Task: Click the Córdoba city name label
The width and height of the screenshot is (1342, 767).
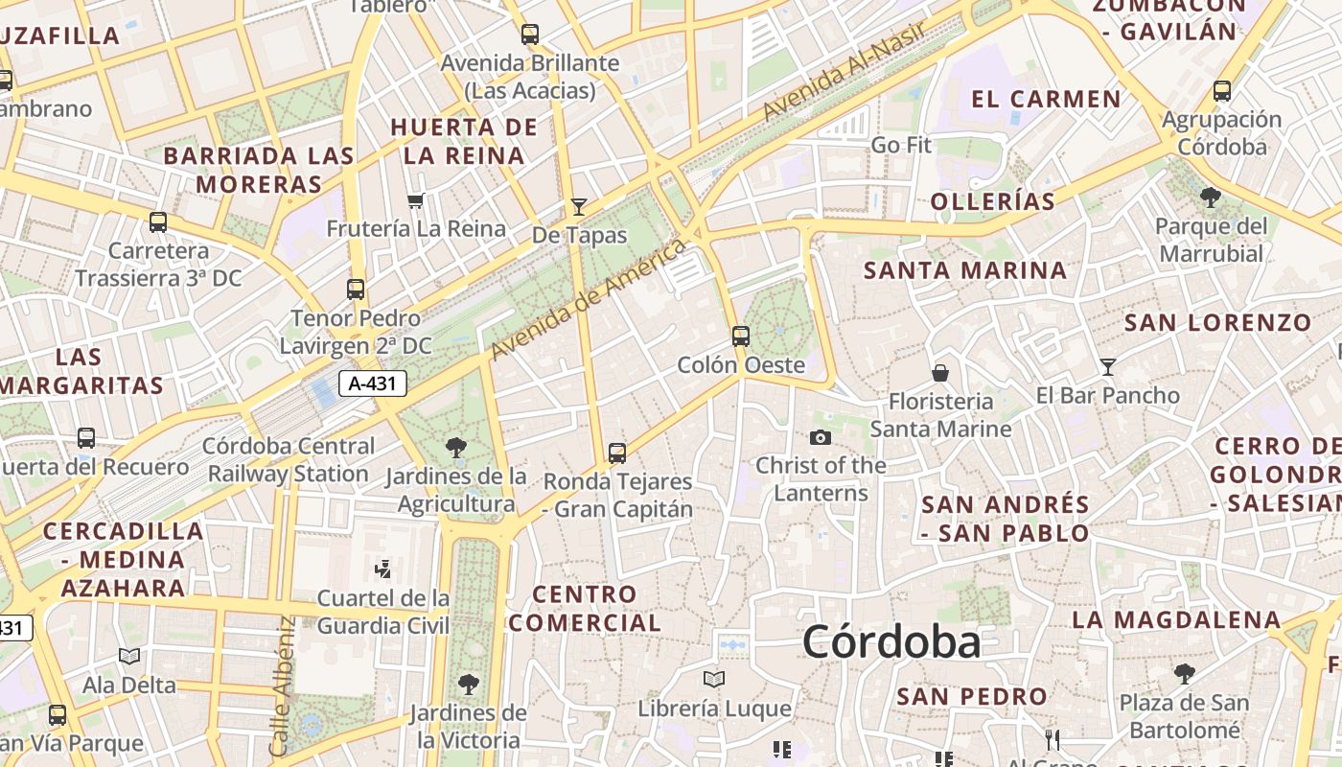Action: click(x=891, y=641)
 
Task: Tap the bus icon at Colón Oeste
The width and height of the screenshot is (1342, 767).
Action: click(x=740, y=336)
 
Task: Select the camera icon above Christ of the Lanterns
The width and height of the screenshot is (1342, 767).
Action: click(x=821, y=437)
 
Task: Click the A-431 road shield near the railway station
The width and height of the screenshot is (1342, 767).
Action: click(x=373, y=384)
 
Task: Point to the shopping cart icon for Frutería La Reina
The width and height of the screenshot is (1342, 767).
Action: click(x=416, y=200)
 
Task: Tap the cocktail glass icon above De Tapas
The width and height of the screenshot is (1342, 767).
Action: click(x=578, y=206)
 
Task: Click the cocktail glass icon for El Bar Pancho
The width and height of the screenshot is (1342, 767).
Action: click(x=1108, y=366)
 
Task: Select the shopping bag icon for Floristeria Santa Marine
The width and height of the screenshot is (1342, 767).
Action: click(x=940, y=372)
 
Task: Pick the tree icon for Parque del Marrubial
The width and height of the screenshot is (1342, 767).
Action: click(x=1211, y=198)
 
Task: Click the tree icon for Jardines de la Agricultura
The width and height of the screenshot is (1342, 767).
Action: click(x=456, y=447)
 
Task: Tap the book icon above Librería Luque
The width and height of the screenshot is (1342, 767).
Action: click(x=714, y=680)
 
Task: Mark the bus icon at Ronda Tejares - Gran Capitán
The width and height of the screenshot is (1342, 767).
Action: click(x=617, y=453)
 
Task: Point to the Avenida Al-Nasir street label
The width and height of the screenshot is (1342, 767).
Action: click(x=845, y=72)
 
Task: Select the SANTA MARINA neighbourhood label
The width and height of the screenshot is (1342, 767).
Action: click(x=965, y=270)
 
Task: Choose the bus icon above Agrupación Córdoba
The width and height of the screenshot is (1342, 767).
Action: click(x=1222, y=91)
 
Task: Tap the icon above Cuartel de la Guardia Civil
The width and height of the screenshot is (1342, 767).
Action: click(x=383, y=569)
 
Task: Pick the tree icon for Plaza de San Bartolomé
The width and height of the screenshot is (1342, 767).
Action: click(x=1185, y=674)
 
